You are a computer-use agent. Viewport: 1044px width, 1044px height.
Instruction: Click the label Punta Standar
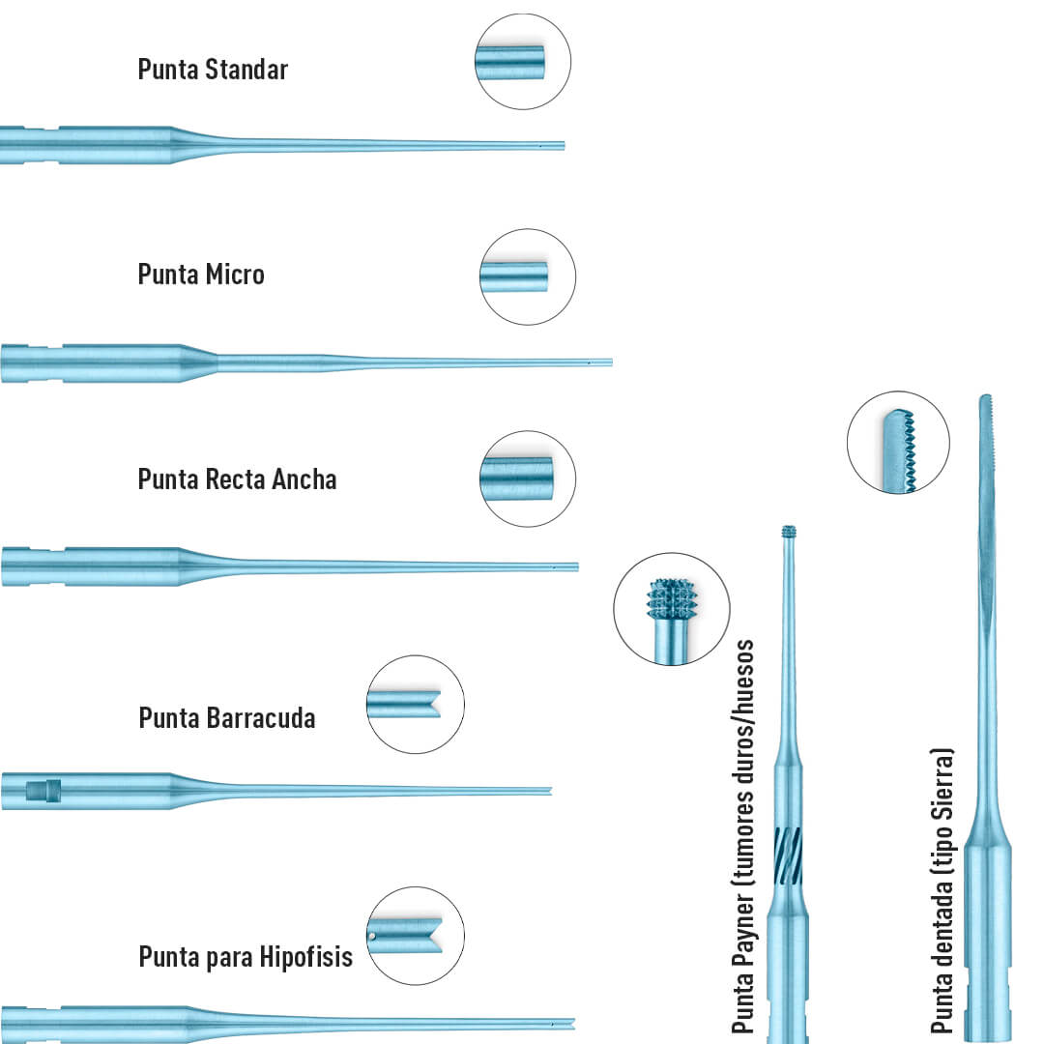(x=213, y=70)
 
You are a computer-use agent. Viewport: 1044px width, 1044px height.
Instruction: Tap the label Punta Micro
(x=201, y=275)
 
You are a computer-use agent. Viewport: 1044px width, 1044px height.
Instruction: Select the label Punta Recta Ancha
(x=237, y=479)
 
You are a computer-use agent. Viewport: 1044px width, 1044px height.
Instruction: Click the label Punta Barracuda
(x=226, y=718)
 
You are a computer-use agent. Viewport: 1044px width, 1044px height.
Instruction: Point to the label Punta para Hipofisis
(x=246, y=958)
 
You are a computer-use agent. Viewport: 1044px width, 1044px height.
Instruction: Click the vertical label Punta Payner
(x=742, y=836)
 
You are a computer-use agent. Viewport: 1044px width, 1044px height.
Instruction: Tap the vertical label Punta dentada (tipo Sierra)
(x=942, y=889)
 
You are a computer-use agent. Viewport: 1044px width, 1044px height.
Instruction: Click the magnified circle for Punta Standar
(x=523, y=62)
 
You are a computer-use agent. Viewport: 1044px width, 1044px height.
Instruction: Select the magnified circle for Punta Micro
(x=528, y=276)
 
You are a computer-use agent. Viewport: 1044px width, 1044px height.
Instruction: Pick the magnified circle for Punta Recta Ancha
(x=528, y=478)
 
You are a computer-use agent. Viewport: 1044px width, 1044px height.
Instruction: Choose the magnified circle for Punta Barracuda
(x=416, y=704)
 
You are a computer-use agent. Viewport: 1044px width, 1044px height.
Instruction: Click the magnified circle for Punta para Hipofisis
(x=416, y=936)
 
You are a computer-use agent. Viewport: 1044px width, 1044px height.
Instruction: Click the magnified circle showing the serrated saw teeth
(x=897, y=443)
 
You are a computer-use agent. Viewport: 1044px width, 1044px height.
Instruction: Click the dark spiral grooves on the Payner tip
(x=788, y=855)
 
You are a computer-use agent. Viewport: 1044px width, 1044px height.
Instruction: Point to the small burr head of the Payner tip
(x=789, y=532)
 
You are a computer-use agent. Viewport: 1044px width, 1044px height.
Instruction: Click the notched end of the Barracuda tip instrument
(x=548, y=791)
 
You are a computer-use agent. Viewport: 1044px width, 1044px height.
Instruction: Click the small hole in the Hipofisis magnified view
(x=373, y=936)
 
